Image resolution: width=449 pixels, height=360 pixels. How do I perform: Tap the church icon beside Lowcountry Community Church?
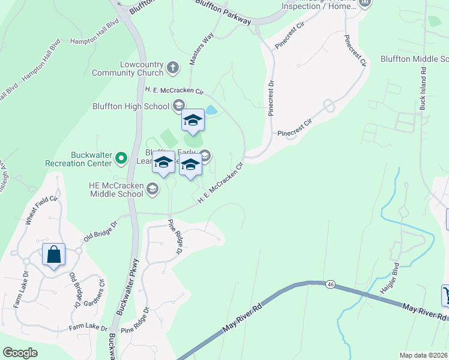173,67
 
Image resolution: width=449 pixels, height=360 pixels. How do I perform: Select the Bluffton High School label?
131,107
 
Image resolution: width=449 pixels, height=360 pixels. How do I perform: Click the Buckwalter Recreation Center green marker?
121,159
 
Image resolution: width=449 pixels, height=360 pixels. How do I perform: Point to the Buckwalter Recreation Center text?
79,158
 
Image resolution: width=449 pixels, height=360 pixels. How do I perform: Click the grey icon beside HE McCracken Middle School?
152,190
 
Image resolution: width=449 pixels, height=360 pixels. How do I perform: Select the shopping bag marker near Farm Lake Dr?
53,254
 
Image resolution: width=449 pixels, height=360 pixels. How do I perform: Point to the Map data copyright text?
424,355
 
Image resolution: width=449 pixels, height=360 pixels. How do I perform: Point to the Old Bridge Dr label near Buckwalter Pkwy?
100,229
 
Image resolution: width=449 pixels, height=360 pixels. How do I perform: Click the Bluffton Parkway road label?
224,11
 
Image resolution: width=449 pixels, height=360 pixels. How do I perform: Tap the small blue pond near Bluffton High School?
211,110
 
